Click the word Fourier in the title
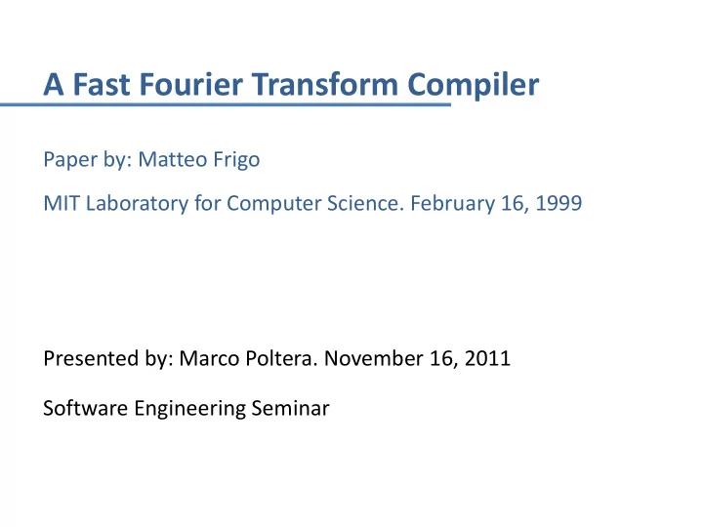(191, 84)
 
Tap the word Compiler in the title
(473, 86)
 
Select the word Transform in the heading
(324, 84)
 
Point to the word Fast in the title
(102, 84)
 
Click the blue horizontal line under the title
(226, 104)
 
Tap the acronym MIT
(61, 203)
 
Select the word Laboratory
(138, 204)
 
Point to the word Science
(362, 203)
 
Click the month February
(452, 204)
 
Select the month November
(373, 359)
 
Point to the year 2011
(487, 359)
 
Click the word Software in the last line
(86, 408)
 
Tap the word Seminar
(291, 408)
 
